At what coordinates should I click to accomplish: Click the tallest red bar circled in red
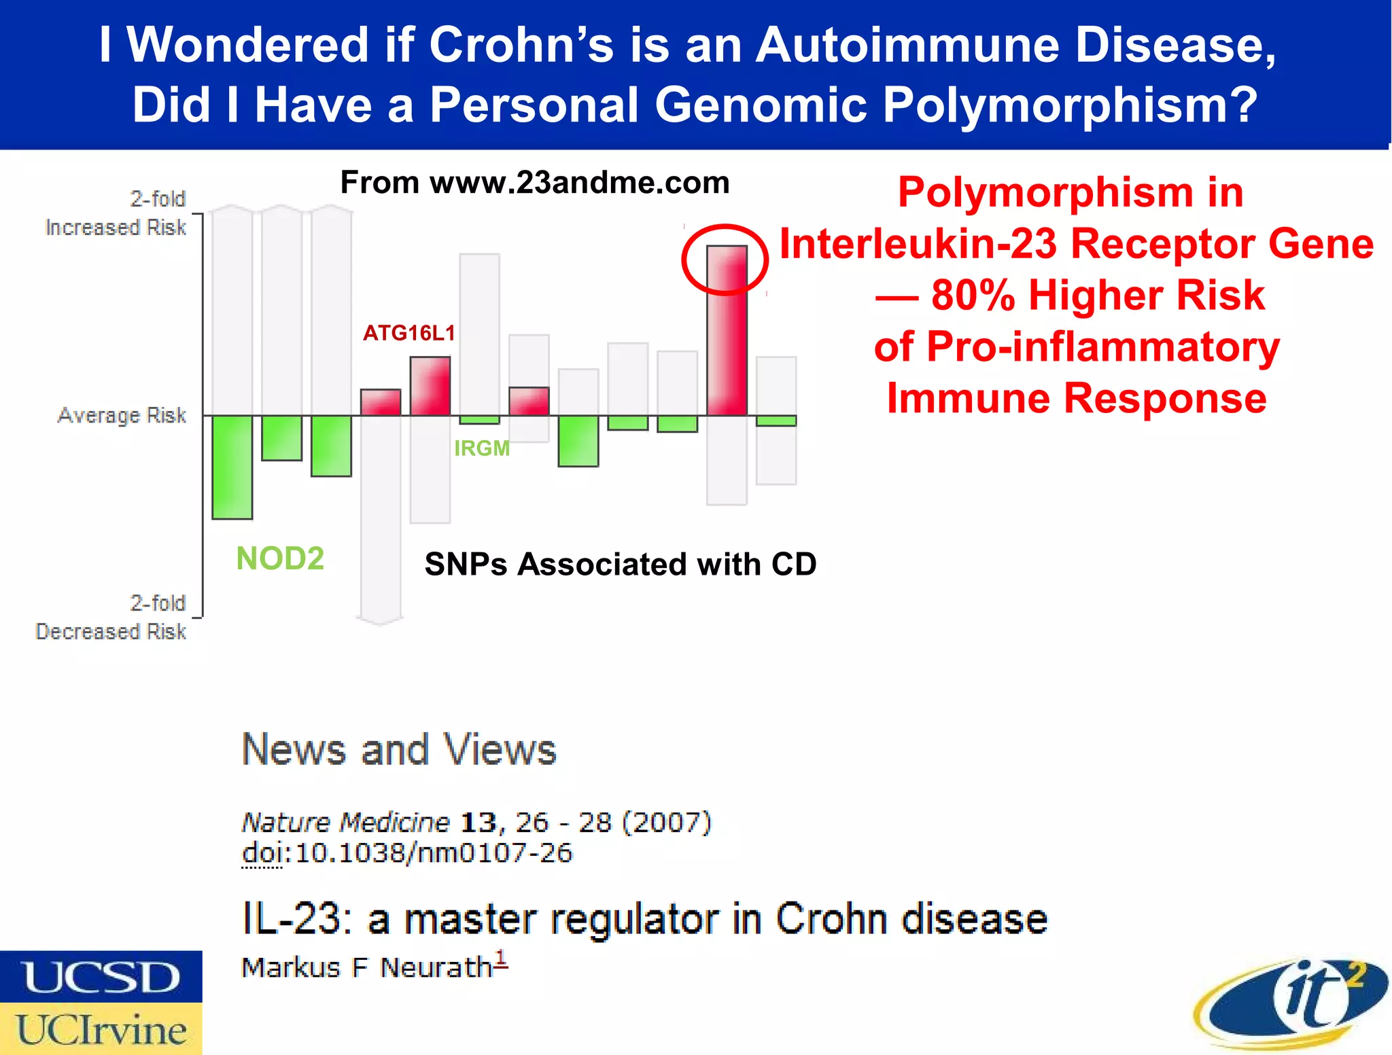coord(727,330)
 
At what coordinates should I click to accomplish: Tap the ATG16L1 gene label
coord(408,333)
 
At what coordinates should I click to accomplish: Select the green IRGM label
coord(482,448)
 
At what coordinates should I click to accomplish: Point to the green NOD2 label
coord(280,558)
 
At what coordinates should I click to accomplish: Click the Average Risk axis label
coord(122,415)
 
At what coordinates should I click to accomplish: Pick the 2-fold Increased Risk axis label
coord(116,213)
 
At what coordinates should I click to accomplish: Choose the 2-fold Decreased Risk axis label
coord(111,618)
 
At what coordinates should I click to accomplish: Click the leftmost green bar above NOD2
coord(232,467)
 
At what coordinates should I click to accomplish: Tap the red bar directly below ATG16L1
coord(430,386)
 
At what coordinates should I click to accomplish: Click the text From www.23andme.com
coord(535,183)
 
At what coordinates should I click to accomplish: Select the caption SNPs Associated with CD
coord(620,565)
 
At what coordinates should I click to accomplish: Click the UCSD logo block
coord(101,977)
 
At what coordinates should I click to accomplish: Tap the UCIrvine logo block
coord(101,1029)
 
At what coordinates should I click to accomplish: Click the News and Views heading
coord(400,750)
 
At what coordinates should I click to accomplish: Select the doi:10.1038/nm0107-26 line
coord(407,853)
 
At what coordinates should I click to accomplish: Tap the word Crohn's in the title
coord(521,46)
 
